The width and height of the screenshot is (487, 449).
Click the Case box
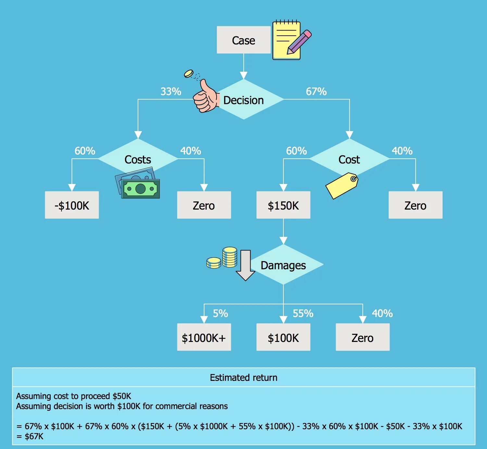click(243, 40)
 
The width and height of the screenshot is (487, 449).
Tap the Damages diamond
click(283, 265)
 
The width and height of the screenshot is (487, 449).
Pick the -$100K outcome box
click(72, 205)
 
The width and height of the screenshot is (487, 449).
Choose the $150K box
click(283, 205)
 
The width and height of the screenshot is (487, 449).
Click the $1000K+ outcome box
click(204, 337)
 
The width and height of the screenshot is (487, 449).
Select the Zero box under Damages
click(362, 337)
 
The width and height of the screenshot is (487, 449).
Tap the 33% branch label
click(171, 91)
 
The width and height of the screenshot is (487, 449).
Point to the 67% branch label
click(316, 91)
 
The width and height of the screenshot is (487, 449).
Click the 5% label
click(220, 313)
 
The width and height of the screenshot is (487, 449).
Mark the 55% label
click(303, 313)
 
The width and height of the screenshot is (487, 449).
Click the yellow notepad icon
click(287, 40)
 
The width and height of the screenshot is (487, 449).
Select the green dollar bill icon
click(140, 188)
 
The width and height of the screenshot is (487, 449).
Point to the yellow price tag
click(342, 185)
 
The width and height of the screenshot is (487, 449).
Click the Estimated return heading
click(243, 377)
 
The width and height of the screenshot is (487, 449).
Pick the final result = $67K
click(30, 436)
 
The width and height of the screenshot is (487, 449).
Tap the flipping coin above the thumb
click(189, 74)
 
